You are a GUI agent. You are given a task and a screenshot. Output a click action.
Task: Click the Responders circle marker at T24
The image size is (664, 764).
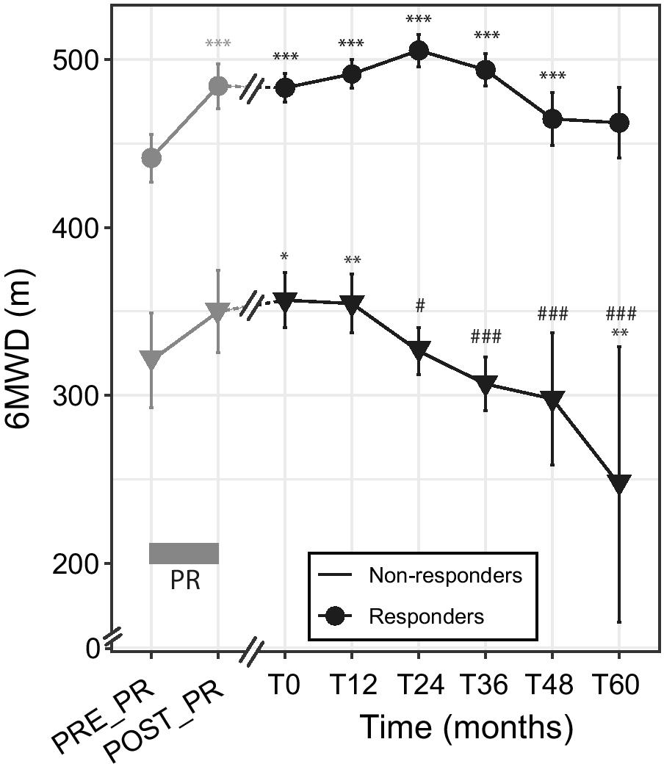coord(419,51)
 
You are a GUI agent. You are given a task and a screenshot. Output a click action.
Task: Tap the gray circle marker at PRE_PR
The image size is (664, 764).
coord(151,158)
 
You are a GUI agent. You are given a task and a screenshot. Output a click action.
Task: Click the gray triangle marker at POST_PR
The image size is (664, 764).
coord(217,311)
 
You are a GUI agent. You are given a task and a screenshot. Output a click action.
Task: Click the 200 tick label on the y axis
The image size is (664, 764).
coord(76,563)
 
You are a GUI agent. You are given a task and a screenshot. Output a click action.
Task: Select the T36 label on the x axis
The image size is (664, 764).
coord(485,686)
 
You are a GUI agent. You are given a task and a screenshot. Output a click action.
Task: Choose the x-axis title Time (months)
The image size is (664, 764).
coord(466,728)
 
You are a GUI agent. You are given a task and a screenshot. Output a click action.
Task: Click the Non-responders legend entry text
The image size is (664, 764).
coord(445,574)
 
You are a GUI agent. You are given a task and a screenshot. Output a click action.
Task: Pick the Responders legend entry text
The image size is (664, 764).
coord(426,616)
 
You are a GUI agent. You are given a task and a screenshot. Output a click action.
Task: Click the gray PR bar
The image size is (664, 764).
coord(184,553)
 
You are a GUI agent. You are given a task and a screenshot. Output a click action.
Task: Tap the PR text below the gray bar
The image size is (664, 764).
coord(184,581)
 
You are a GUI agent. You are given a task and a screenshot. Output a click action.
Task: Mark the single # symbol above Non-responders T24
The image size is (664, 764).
coord(419,305)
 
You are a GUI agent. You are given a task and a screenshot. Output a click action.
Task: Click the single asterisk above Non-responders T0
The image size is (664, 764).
coord(284,257)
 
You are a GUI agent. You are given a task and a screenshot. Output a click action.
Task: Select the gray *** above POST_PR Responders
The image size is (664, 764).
coord(218,44)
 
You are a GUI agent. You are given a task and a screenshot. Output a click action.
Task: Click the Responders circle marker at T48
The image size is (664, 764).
coord(552,119)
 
